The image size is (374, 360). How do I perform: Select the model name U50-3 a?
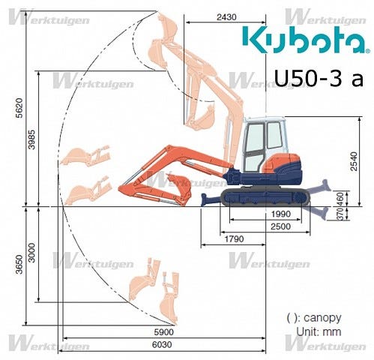point(317,78)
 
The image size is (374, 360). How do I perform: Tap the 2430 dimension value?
point(226,16)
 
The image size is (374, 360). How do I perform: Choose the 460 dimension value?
point(341,198)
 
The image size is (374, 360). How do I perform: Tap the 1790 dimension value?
point(233,240)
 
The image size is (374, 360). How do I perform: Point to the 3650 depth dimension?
point(17,264)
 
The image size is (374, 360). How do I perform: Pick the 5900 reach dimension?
point(164,331)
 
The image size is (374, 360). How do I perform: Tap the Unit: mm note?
point(318,331)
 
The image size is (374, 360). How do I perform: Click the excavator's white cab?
point(262,142)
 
